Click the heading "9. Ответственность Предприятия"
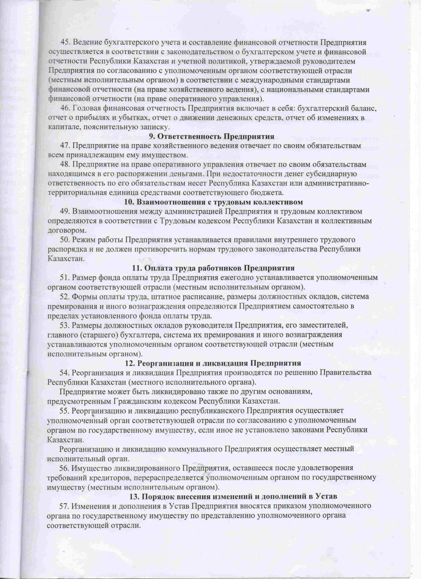coord(212,136)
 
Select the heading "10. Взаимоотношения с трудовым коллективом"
coord(214,202)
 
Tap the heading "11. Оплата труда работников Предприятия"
coord(213,268)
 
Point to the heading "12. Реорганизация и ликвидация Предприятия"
coord(213,363)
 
